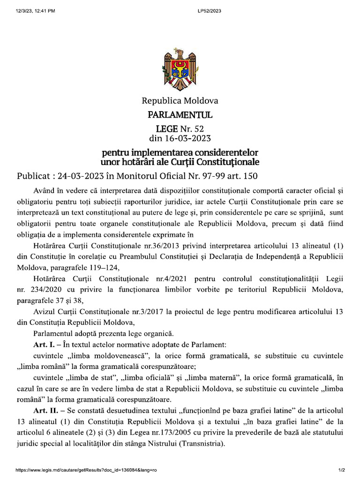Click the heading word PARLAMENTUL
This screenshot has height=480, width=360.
(180, 115)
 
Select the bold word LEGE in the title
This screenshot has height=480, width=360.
(167, 128)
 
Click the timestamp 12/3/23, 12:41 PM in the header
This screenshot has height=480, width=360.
(35, 10)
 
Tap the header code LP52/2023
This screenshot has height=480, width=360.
(210, 10)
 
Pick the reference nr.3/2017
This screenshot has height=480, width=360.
(150, 312)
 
